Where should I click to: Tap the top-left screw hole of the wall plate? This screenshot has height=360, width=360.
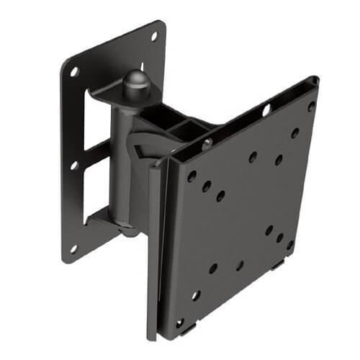pos(74,72)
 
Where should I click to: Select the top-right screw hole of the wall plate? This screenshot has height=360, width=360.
pos(153,35)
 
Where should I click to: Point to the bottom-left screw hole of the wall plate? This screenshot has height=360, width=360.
pos(73,248)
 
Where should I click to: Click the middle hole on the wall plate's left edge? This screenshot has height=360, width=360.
pos(73,165)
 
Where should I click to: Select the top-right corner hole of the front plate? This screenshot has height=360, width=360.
pos(311,106)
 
